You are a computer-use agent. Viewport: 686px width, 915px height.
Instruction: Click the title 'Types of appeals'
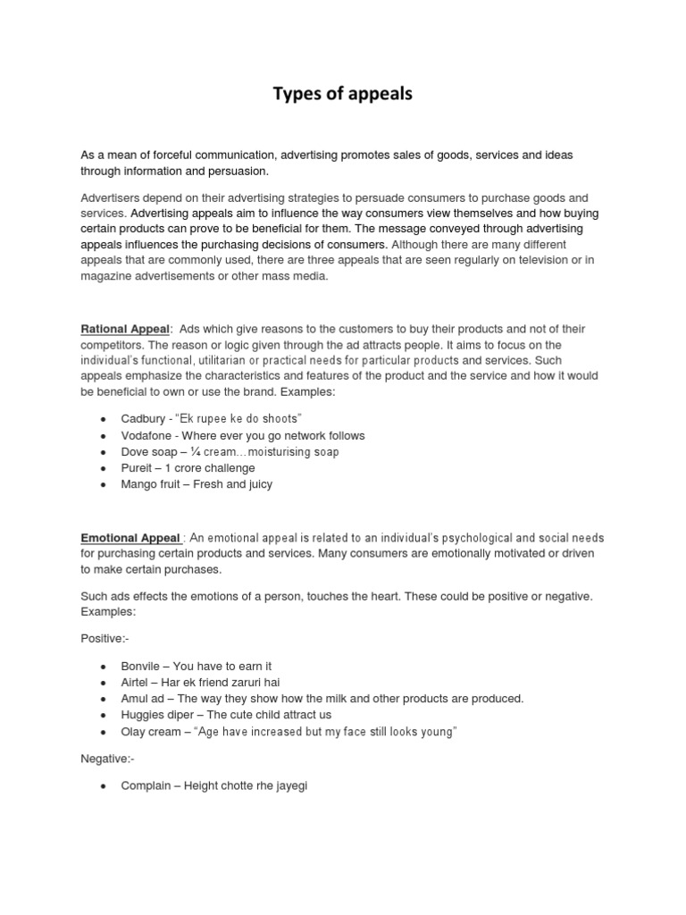point(343,93)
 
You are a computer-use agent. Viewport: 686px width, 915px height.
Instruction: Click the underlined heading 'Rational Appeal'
point(125,330)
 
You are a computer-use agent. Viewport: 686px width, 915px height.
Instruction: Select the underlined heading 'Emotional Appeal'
point(130,538)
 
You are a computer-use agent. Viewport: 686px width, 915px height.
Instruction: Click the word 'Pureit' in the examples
point(138,467)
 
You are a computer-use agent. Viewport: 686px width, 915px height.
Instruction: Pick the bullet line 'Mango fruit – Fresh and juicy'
point(197,484)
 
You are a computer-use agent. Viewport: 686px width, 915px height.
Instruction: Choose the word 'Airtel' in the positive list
point(137,682)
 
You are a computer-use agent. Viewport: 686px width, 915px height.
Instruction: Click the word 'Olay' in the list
point(134,731)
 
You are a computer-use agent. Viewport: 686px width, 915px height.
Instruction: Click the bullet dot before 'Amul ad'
point(104,699)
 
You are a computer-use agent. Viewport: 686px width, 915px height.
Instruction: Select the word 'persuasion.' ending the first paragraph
point(237,171)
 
